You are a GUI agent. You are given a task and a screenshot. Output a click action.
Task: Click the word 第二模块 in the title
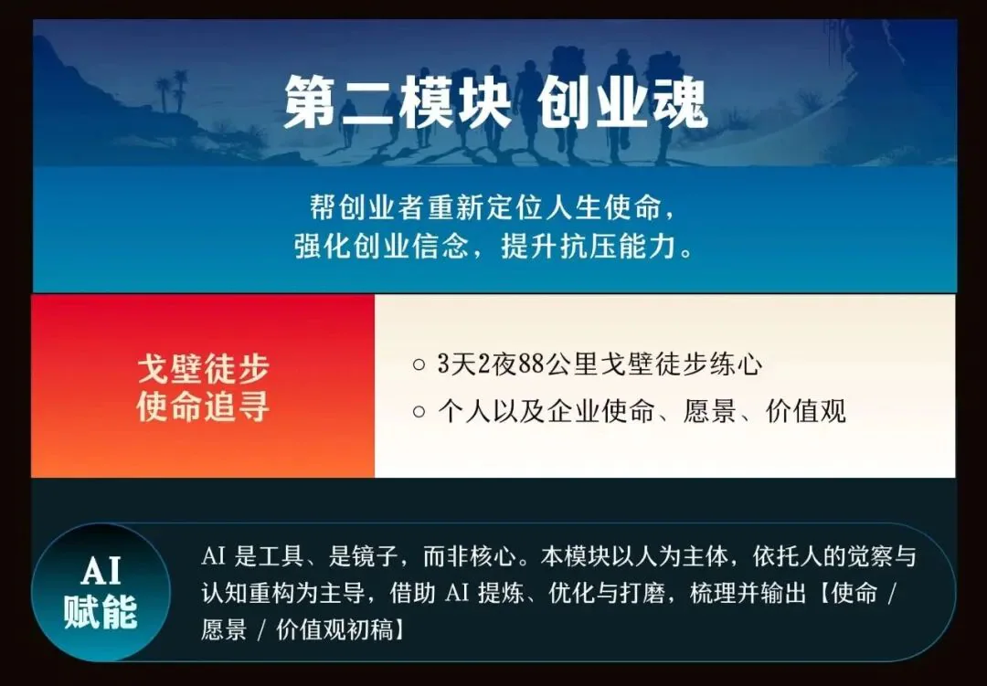(x=398, y=102)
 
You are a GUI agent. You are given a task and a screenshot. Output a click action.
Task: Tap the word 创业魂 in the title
(x=623, y=102)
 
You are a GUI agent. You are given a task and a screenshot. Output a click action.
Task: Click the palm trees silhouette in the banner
(x=172, y=90)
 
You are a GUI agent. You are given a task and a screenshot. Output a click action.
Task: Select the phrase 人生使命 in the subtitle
(x=604, y=207)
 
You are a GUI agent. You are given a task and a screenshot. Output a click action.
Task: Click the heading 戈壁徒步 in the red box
(x=203, y=368)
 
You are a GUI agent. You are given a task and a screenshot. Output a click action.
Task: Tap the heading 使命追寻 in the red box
(x=203, y=406)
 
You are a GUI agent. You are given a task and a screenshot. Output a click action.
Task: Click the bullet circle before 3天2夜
(x=419, y=364)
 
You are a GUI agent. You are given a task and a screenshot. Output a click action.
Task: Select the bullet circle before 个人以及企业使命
(x=419, y=412)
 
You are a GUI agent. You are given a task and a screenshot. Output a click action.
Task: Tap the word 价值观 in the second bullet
(x=806, y=412)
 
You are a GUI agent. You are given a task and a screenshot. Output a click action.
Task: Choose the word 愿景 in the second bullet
(x=709, y=412)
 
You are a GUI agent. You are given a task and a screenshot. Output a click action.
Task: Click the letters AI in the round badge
(x=101, y=572)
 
